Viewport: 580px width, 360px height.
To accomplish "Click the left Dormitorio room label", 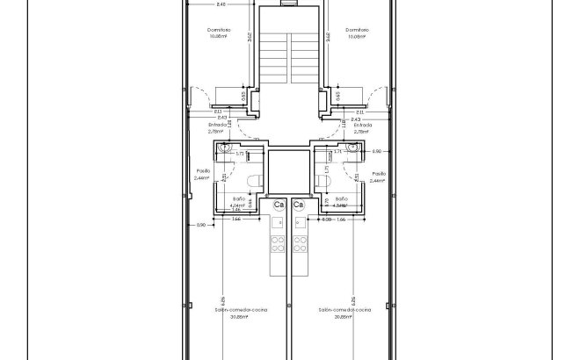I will [221, 29].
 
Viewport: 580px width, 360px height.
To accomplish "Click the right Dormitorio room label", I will [357, 29].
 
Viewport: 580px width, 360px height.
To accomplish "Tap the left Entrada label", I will [215, 126].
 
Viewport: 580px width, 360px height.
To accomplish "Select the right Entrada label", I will [363, 126].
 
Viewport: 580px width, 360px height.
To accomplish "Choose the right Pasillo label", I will [379, 174].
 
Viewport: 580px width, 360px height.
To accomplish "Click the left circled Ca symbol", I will [279, 205].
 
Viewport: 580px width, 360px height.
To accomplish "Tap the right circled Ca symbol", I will [299, 205].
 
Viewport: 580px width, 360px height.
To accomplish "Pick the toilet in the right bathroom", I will [323, 181].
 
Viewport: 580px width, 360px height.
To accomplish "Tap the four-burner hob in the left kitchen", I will [279, 241].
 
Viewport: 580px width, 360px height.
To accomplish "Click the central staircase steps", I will [288, 57].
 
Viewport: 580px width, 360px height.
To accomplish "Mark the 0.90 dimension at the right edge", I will [377, 152].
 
